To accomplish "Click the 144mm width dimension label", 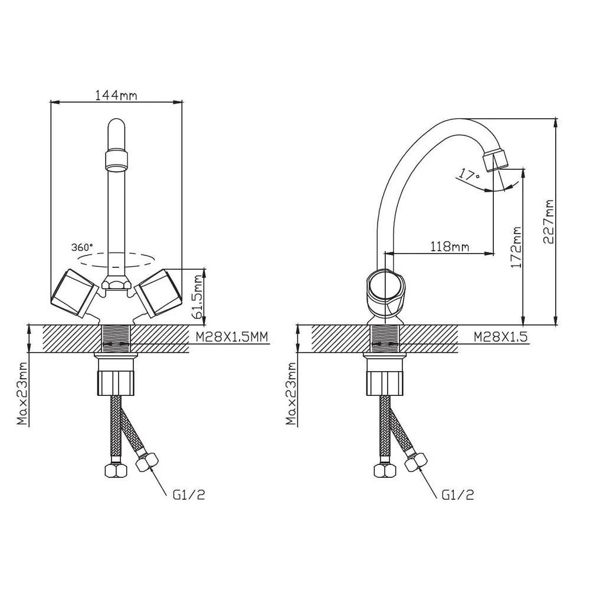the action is pyautogui.click(x=116, y=95).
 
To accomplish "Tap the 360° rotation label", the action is pyautogui.click(x=82, y=247).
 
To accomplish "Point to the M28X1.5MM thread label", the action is pyautogui.click(x=232, y=337).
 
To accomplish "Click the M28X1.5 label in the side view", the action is pyautogui.click(x=500, y=337).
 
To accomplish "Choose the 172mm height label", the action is pyautogui.click(x=516, y=247).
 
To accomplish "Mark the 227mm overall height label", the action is pyautogui.click(x=548, y=222).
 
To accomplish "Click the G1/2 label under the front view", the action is pyautogui.click(x=189, y=495).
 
